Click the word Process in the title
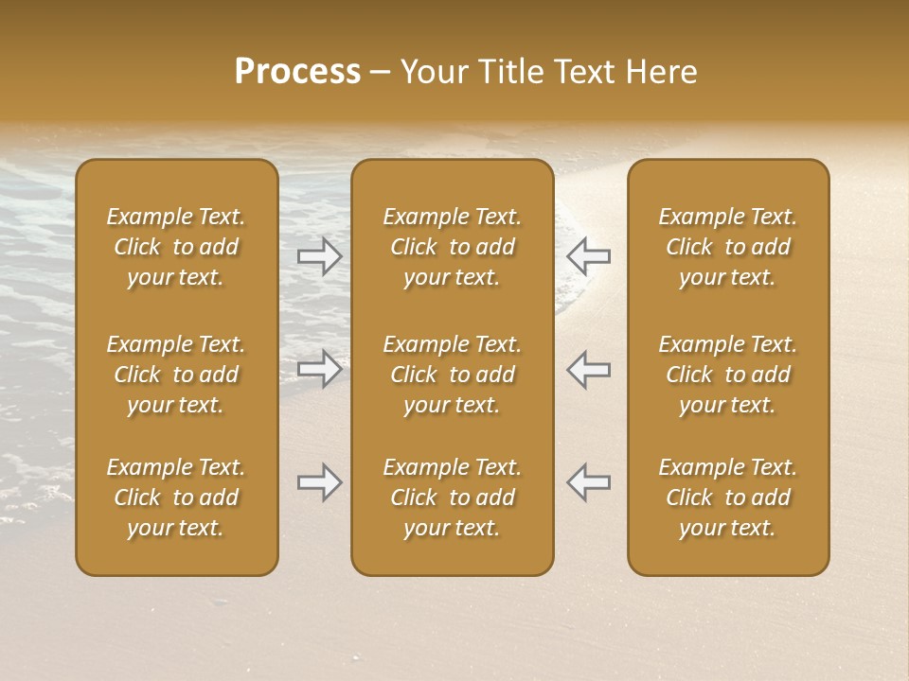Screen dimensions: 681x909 click(297, 72)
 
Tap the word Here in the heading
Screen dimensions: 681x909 click(663, 72)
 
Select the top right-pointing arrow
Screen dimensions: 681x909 click(319, 255)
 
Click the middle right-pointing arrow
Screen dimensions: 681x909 click(319, 369)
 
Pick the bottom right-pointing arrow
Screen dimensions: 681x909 click(319, 482)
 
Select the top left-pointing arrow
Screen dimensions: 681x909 click(589, 255)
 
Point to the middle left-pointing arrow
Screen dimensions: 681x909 click(589, 369)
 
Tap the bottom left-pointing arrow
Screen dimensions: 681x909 click(589, 482)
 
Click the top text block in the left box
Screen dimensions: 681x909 click(176, 247)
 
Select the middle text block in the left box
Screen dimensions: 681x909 click(176, 375)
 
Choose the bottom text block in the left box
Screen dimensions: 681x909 click(176, 498)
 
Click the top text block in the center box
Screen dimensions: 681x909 click(453, 247)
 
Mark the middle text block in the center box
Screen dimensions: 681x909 click(453, 375)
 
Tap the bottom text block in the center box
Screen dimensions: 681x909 click(453, 498)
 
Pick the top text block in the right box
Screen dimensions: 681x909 click(728, 247)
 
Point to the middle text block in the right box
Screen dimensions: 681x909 click(728, 375)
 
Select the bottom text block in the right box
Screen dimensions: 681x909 click(728, 498)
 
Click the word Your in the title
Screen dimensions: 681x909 click(434, 72)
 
